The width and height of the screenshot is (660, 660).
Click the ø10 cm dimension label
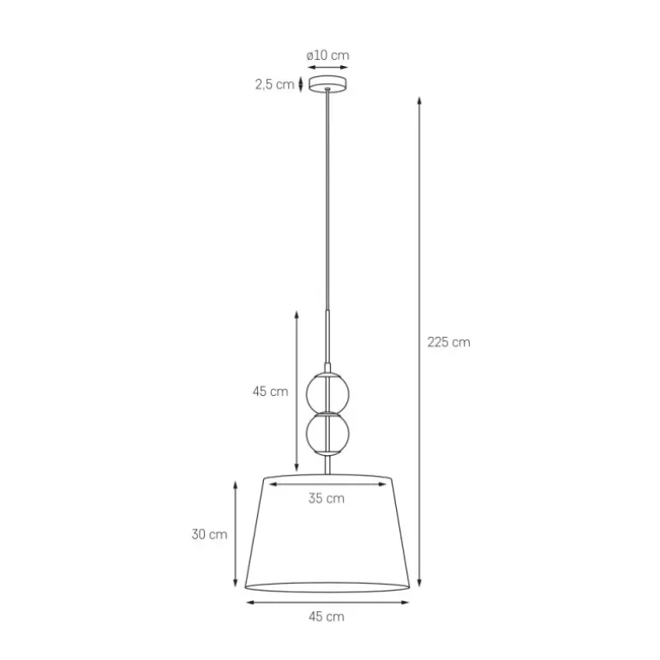pyautogui.click(x=327, y=56)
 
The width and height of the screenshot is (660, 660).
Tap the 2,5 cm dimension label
pyautogui.click(x=274, y=84)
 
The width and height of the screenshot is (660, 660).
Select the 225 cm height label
pyautogui.click(x=448, y=342)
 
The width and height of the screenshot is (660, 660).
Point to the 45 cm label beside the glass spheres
pyautogui.click(x=270, y=392)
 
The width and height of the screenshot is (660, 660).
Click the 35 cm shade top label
pyautogui.click(x=327, y=498)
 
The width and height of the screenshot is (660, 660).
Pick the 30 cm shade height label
pyautogui.click(x=209, y=534)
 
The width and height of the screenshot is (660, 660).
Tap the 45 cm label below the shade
pyautogui.click(x=327, y=616)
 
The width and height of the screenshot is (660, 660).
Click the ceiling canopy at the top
pyautogui.click(x=328, y=83)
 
